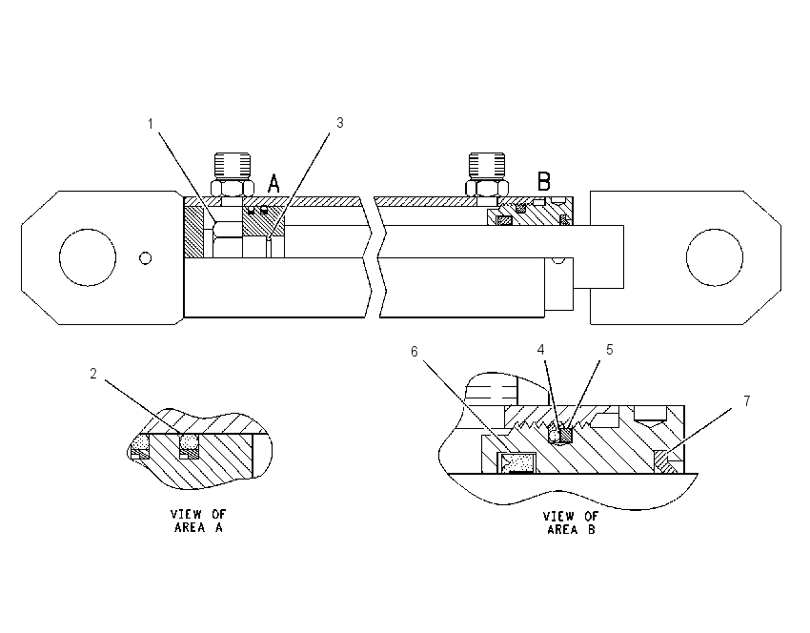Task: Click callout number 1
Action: [x=151, y=124]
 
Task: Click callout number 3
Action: [x=339, y=123]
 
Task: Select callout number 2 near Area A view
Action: [x=93, y=374]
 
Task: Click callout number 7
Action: [x=746, y=401]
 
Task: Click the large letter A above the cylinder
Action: [x=273, y=183]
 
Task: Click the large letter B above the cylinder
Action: [x=543, y=181]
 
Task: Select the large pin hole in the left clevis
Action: [x=88, y=257]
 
